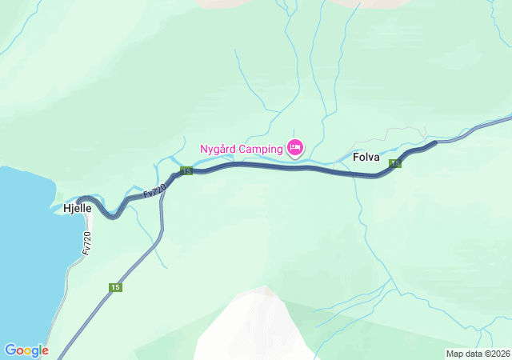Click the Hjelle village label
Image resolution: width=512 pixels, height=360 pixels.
78,209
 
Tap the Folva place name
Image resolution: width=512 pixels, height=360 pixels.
366,158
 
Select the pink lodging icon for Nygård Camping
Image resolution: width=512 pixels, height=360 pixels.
295,147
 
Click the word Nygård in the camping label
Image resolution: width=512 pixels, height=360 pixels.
218,149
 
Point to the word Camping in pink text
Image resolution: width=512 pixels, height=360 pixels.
262,149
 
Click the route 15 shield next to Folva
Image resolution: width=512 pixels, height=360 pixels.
395,164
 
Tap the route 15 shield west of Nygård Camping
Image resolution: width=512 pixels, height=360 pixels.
186,171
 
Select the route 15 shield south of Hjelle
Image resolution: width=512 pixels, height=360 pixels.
116,287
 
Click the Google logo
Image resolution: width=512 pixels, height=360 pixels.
26,350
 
